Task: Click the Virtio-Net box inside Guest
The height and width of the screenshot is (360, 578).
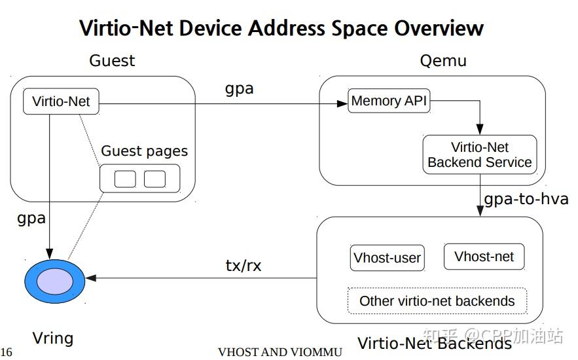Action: click(x=61, y=102)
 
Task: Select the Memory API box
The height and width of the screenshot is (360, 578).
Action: click(x=389, y=101)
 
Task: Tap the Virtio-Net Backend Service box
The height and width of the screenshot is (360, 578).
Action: click(x=479, y=155)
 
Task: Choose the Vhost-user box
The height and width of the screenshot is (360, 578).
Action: click(x=387, y=258)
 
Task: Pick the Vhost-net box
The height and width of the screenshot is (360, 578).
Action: click(x=484, y=257)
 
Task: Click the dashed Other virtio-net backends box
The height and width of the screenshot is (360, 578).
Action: click(x=437, y=301)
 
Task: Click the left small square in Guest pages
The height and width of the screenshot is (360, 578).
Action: click(x=125, y=178)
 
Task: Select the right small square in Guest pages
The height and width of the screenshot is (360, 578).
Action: click(x=155, y=178)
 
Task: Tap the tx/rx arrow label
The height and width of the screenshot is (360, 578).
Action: click(x=244, y=265)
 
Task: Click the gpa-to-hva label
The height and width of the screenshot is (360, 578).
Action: click(x=526, y=198)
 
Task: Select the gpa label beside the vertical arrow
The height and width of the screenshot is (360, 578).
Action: click(x=31, y=217)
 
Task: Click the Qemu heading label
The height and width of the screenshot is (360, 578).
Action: click(x=443, y=61)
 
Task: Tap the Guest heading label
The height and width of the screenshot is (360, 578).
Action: click(x=112, y=61)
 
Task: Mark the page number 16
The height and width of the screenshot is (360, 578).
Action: click(x=7, y=352)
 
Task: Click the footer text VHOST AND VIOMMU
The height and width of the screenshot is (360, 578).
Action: click(x=280, y=352)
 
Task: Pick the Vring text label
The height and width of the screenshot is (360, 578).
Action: click(x=52, y=338)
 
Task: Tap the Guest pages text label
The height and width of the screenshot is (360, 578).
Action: click(x=144, y=151)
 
